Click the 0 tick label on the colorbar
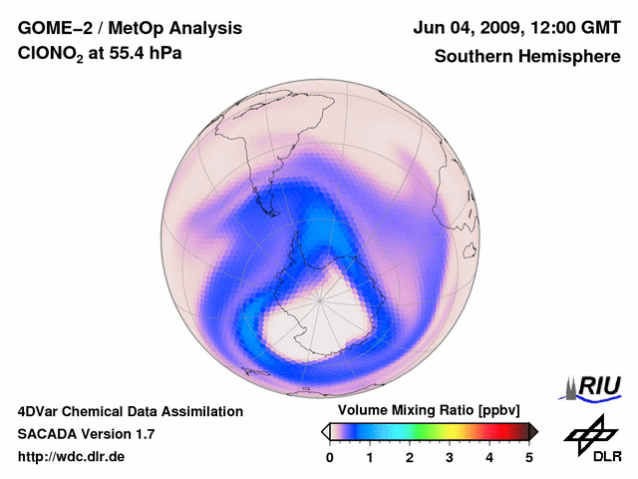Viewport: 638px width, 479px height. click(x=330, y=457)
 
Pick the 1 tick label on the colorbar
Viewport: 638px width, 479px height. click(x=370, y=457)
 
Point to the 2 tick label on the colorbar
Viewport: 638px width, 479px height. click(x=410, y=457)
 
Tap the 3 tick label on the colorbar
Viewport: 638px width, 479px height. click(x=450, y=457)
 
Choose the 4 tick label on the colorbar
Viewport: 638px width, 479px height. click(x=489, y=457)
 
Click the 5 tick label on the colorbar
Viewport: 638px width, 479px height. click(x=529, y=457)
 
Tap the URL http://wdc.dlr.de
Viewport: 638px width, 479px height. click(x=71, y=457)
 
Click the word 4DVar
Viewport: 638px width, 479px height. click(x=40, y=411)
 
